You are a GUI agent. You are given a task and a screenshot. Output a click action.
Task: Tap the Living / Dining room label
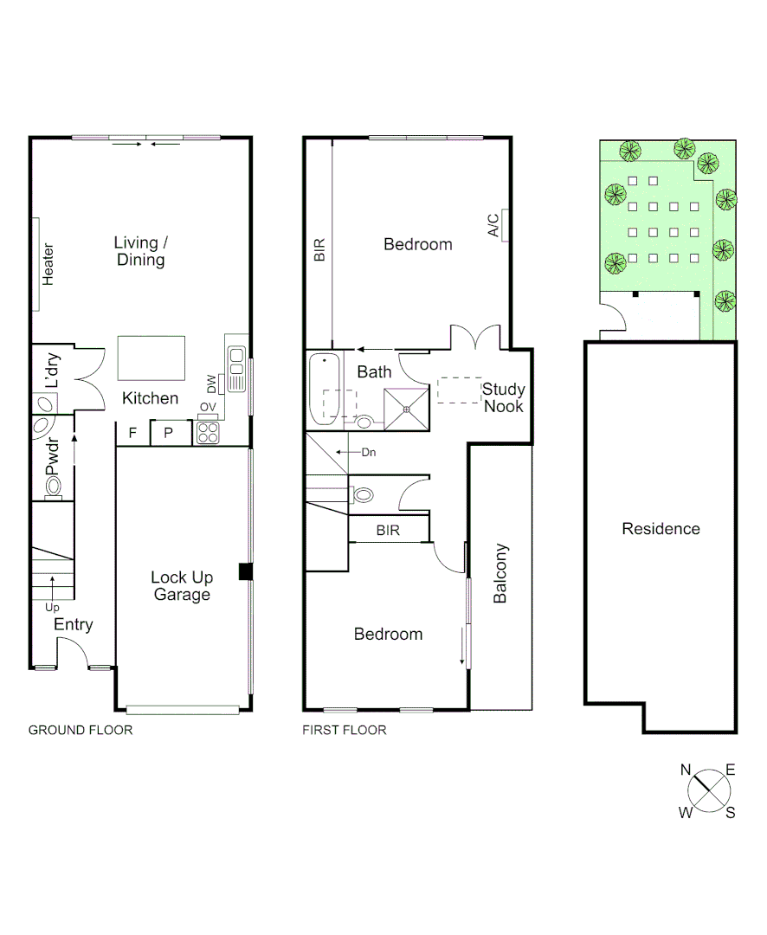pos(140,251)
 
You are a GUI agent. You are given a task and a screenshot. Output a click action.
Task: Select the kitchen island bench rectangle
pos(151,358)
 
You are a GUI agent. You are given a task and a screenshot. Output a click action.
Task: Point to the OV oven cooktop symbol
pos(208,432)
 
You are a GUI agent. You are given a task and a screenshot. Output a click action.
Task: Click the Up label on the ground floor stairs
pos(52,607)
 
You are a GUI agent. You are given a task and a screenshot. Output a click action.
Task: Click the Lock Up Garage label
pos(182,586)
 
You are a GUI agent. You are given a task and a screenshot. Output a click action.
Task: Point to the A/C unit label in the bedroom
pos(493,225)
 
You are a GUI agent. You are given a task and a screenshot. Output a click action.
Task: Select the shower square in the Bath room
pos(406,409)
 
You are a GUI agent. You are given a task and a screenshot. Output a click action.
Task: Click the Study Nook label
pos(504,397)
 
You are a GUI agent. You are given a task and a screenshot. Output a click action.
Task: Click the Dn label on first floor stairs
pos(369,452)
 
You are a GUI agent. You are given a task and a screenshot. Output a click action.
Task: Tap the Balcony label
pos(500,573)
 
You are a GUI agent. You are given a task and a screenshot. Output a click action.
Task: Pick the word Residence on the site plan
pos(661,529)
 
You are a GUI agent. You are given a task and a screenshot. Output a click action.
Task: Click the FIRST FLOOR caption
pos(344,730)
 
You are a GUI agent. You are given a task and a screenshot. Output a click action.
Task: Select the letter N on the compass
pos(686,769)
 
